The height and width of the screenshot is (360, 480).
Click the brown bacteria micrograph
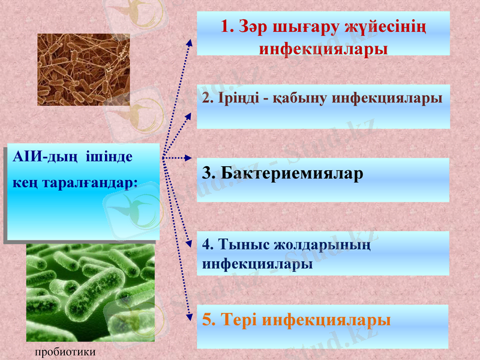(83, 70)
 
